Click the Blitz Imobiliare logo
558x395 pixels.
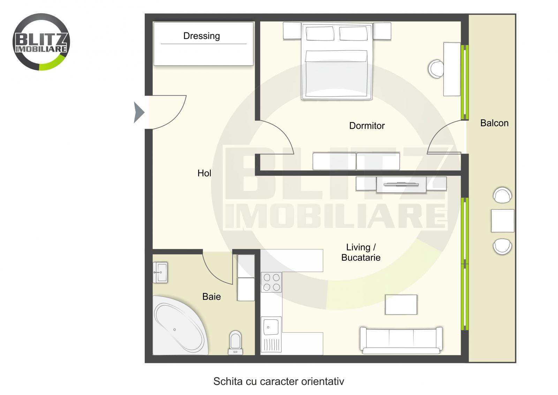pyautogui.click(x=41, y=42)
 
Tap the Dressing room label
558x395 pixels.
pyautogui.click(x=202, y=36)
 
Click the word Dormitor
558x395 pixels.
pyautogui.click(x=367, y=126)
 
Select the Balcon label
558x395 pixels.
pyautogui.click(x=494, y=123)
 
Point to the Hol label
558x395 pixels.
pyautogui.click(x=204, y=173)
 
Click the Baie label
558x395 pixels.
pyautogui.click(x=211, y=297)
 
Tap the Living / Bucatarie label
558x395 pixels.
pyautogui.click(x=361, y=252)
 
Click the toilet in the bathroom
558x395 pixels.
pyautogui.click(x=236, y=342)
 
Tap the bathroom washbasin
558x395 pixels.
pyautogui.click(x=160, y=272)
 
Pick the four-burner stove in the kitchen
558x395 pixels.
pyautogui.click(x=271, y=282)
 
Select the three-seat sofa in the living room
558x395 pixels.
pyautogui.click(x=401, y=340)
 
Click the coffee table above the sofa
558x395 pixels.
pyautogui.click(x=401, y=304)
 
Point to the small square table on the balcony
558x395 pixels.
pyautogui.click(x=503, y=221)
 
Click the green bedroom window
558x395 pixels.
pyautogui.click(x=464, y=82)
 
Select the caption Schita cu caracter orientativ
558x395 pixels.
pyautogui.click(x=279, y=381)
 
